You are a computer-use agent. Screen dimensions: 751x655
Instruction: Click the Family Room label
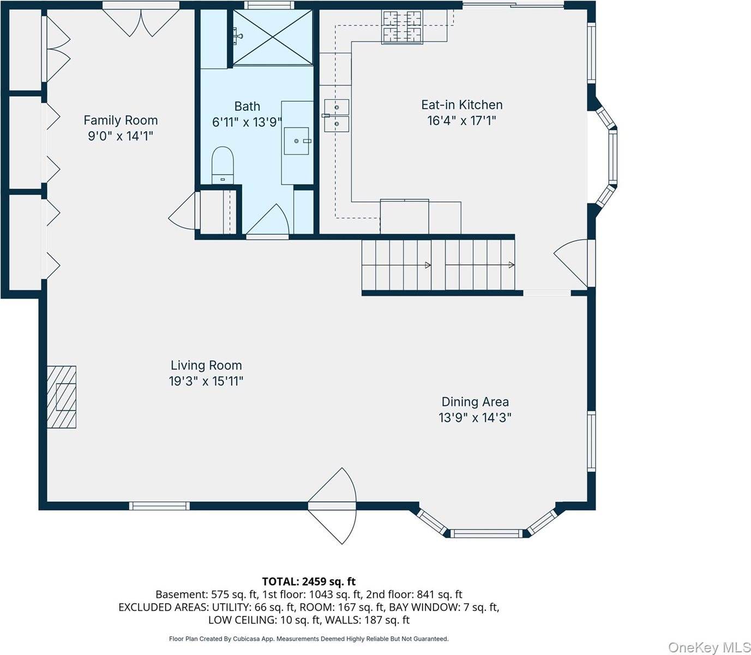pos(121,120)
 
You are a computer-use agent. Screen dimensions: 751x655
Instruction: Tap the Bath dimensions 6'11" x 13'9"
pos(247,122)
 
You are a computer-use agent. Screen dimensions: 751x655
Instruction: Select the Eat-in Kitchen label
pos(462,105)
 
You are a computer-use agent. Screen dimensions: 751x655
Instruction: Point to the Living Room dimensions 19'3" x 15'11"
pos(206,382)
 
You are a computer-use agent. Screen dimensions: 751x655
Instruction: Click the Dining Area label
pos(475,402)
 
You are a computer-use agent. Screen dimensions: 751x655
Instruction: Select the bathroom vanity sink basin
pos(297,141)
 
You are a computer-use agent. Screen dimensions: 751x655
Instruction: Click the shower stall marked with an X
pos(272,38)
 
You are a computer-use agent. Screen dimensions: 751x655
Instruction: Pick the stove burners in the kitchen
pos(402,27)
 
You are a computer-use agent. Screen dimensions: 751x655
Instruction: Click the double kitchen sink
pos(336,115)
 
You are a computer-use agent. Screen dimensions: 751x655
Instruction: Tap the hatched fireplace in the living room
pos(62,397)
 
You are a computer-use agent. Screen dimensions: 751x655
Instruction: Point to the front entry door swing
pos(332,506)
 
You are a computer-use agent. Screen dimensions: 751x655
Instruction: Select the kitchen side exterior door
pos(574,263)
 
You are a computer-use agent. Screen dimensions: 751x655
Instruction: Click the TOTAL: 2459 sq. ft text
pos(309,581)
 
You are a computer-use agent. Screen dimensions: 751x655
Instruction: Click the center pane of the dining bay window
pos(486,533)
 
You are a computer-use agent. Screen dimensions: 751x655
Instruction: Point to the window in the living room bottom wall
pos(159,506)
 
